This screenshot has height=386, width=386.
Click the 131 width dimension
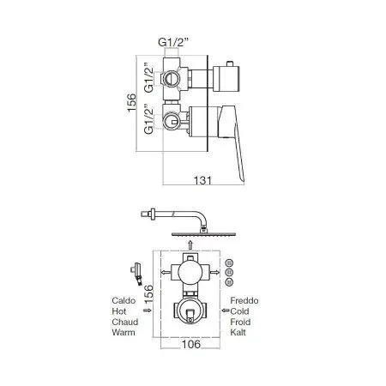202,180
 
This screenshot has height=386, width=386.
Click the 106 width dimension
191,344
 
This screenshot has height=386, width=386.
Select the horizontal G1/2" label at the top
174,42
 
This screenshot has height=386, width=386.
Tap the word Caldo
124,300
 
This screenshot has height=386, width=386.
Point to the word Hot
119,311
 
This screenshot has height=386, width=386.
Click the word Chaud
125,322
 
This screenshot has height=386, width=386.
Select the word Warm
124,332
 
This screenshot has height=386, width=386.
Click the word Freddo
244,300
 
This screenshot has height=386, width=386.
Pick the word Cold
239,311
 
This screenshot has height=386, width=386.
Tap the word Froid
240,322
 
